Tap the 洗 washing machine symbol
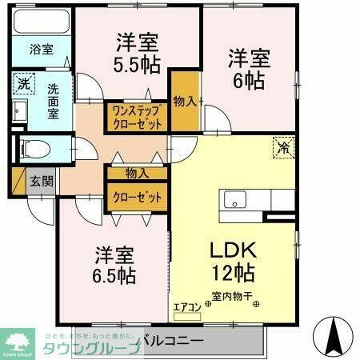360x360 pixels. [24, 83]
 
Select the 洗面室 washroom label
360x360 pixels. [53, 101]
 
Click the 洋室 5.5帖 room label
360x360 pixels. [137, 52]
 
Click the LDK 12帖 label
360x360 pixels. [231, 262]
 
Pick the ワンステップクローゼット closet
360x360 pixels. [137, 117]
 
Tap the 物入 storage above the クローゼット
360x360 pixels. [137, 173]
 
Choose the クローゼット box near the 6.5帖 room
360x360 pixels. [137, 197]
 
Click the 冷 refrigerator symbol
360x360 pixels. [282, 146]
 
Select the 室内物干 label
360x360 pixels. [233, 298]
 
